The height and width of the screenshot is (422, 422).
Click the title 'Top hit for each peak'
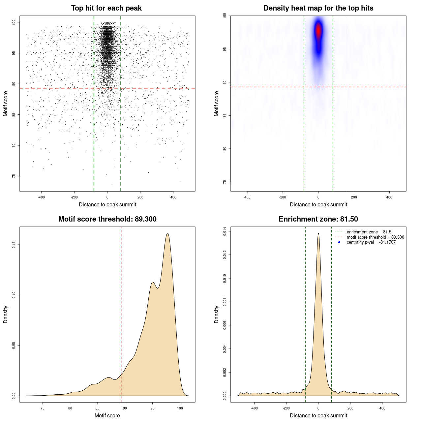coord(106,8)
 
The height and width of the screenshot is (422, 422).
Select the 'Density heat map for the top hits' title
coord(318,8)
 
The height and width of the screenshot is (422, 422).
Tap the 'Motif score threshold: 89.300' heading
coord(107,219)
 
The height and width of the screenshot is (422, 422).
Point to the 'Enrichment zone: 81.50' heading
coord(318,219)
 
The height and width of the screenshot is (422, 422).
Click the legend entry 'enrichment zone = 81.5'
coord(369,232)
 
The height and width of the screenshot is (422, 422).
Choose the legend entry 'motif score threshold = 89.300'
coord(375,237)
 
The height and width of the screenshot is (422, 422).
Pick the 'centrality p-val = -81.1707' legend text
coord(371,242)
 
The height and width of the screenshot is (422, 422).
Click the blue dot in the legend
coord(339,242)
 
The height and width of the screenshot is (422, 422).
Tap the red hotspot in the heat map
coord(318,31)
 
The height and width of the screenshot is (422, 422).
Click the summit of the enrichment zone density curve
coord(318,233)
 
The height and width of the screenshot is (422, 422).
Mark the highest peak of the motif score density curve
coord(167,233)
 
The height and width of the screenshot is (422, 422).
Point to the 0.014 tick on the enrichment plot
coord(225,231)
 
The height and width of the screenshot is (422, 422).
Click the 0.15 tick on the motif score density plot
coord(14,245)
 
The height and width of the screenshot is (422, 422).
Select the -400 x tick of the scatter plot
coord(41,197)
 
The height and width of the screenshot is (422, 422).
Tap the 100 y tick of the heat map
coord(225,15)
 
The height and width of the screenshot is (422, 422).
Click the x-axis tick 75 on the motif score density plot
coord(43,408)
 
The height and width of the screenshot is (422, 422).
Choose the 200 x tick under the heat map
coord(354,197)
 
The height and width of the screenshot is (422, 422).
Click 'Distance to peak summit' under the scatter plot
coord(107,205)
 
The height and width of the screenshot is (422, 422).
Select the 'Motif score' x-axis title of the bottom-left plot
coord(107,415)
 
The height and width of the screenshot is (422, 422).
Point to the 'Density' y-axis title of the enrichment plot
coord(217,314)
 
